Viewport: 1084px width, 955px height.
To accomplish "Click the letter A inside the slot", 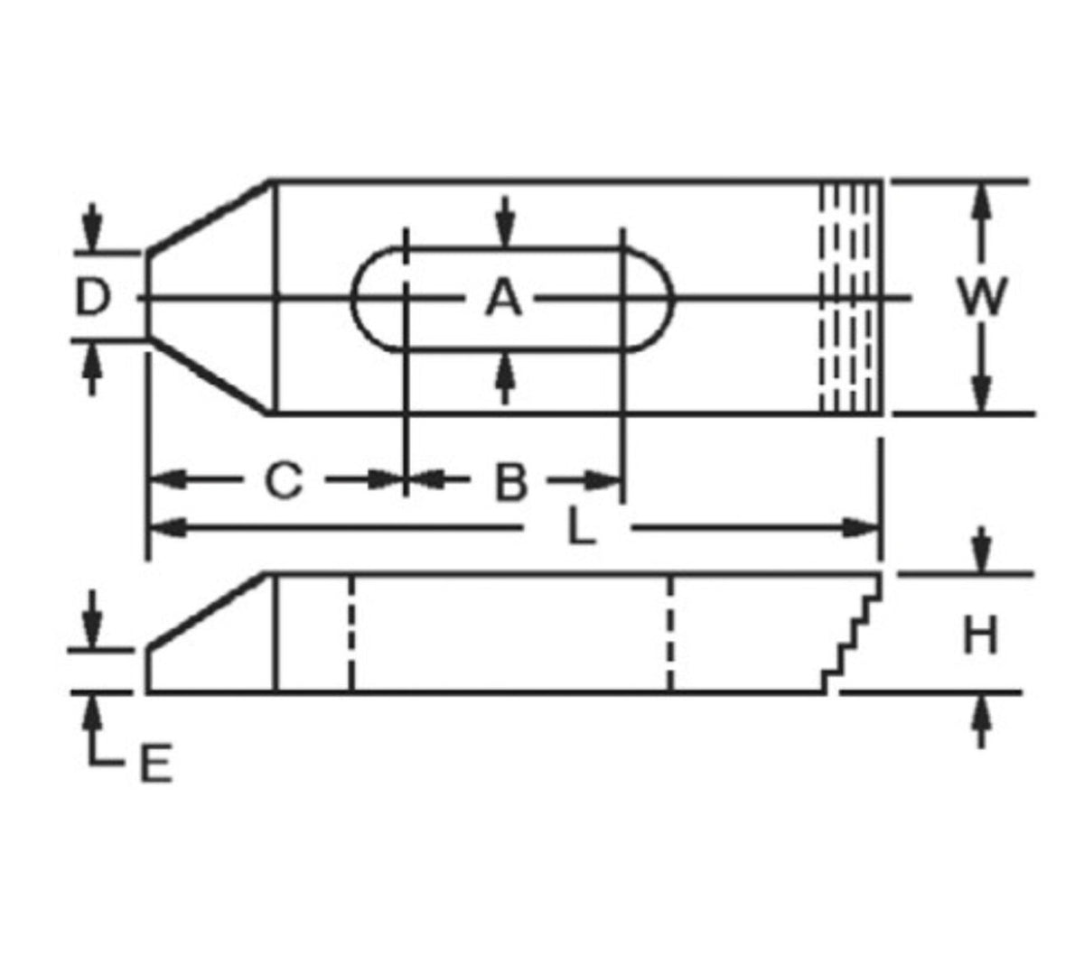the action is (503, 299).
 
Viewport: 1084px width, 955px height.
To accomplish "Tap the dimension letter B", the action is (511, 481).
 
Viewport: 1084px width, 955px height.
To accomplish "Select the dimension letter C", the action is (284, 479).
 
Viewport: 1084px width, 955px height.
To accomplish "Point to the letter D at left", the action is (93, 297).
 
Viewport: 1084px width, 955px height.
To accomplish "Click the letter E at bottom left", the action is (155, 763).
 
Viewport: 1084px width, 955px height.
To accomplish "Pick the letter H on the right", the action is (980, 635).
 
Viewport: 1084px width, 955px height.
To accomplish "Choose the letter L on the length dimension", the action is (581, 526).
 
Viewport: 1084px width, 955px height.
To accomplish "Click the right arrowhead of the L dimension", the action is (861, 528).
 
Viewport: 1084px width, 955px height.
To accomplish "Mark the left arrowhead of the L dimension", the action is (168, 528).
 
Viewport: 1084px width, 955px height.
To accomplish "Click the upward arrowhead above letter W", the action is (981, 201).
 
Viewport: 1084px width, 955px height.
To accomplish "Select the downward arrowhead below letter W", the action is (981, 395).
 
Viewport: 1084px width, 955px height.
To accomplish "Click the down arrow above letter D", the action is (93, 227).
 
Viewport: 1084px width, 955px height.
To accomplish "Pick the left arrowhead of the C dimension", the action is (168, 479).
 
